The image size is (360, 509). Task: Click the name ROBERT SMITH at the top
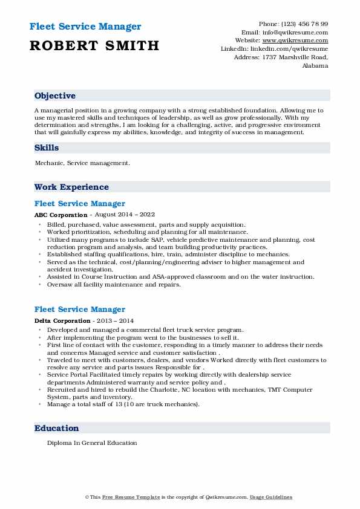pos(93,45)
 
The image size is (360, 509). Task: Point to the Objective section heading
pos(55,96)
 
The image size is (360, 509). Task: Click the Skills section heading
pos(47,148)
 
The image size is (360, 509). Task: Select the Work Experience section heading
pos(71,187)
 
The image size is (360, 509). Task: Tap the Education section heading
pos(57,428)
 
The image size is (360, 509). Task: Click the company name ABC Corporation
pos(61,215)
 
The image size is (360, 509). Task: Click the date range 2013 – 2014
pos(114,320)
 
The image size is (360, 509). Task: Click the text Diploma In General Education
pos(92,443)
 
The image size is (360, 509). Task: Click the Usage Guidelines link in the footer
pos(272,497)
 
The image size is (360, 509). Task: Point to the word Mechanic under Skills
pos(50,163)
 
